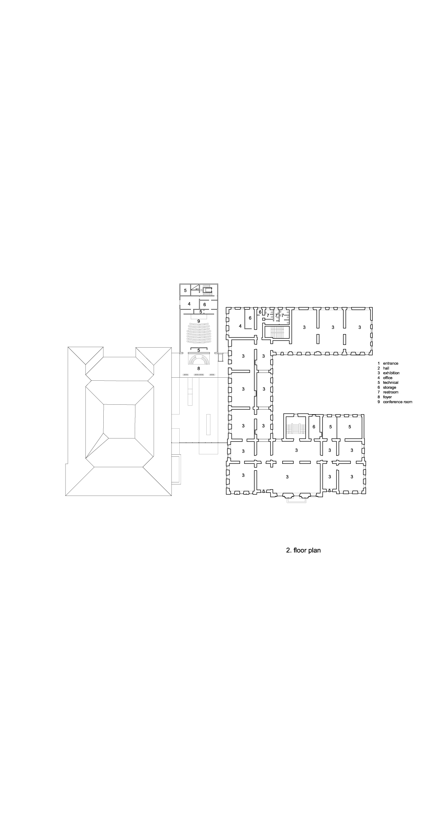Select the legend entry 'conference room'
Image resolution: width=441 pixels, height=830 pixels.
(x=397, y=402)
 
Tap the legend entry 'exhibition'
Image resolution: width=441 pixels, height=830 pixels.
(x=391, y=373)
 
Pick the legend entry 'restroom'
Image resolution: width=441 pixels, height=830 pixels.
(x=391, y=392)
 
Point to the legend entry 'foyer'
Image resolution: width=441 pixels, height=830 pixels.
(x=387, y=397)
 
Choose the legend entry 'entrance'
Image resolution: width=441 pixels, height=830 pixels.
(x=391, y=363)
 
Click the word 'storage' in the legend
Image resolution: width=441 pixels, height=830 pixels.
(x=389, y=387)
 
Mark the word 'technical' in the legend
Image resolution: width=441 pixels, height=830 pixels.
(x=391, y=383)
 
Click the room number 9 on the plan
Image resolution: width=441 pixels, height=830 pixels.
(x=199, y=321)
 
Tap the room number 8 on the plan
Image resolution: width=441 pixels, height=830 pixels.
(x=199, y=369)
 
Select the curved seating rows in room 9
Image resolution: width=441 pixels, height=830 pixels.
(x=199, y=332)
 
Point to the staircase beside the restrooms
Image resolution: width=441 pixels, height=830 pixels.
(x=276, y=332)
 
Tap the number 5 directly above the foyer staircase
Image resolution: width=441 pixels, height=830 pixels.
(x=199, y=350)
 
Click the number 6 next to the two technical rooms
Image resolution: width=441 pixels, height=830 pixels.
(x=314, y=427)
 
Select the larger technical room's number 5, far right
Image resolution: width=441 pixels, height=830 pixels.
(x=350, y=427)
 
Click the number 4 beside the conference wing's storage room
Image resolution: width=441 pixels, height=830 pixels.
(x=189, y=304)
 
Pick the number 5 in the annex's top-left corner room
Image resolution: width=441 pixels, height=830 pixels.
(x=185, y=290)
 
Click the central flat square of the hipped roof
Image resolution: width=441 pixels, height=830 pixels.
(x=119, y=421)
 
